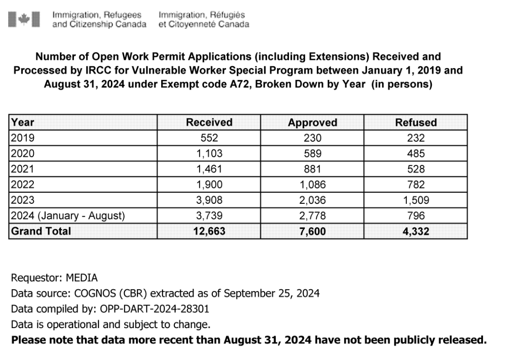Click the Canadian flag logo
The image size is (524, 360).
pos(24,19)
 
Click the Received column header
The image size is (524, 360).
pos(209,122)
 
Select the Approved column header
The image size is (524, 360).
pos(312,122)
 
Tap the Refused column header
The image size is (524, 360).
pos(415,122)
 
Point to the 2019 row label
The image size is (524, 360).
pos(23,138)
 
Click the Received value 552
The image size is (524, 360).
pos(209,138)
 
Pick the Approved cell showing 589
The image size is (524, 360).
pos(312,154)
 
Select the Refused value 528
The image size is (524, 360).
pos(415,169)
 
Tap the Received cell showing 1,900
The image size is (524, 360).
pos(209,185)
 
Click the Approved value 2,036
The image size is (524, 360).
pos(312,200)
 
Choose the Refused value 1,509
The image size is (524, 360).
pos(415,200)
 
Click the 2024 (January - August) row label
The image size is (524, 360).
pos(68,216)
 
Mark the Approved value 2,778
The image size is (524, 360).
pos(312,216)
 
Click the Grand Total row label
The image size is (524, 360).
pos(41,231)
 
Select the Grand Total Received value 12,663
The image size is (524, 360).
pos(209,231)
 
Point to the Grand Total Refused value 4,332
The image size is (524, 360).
pos(415,231)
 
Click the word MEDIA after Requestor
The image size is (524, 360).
pos(82,278)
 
